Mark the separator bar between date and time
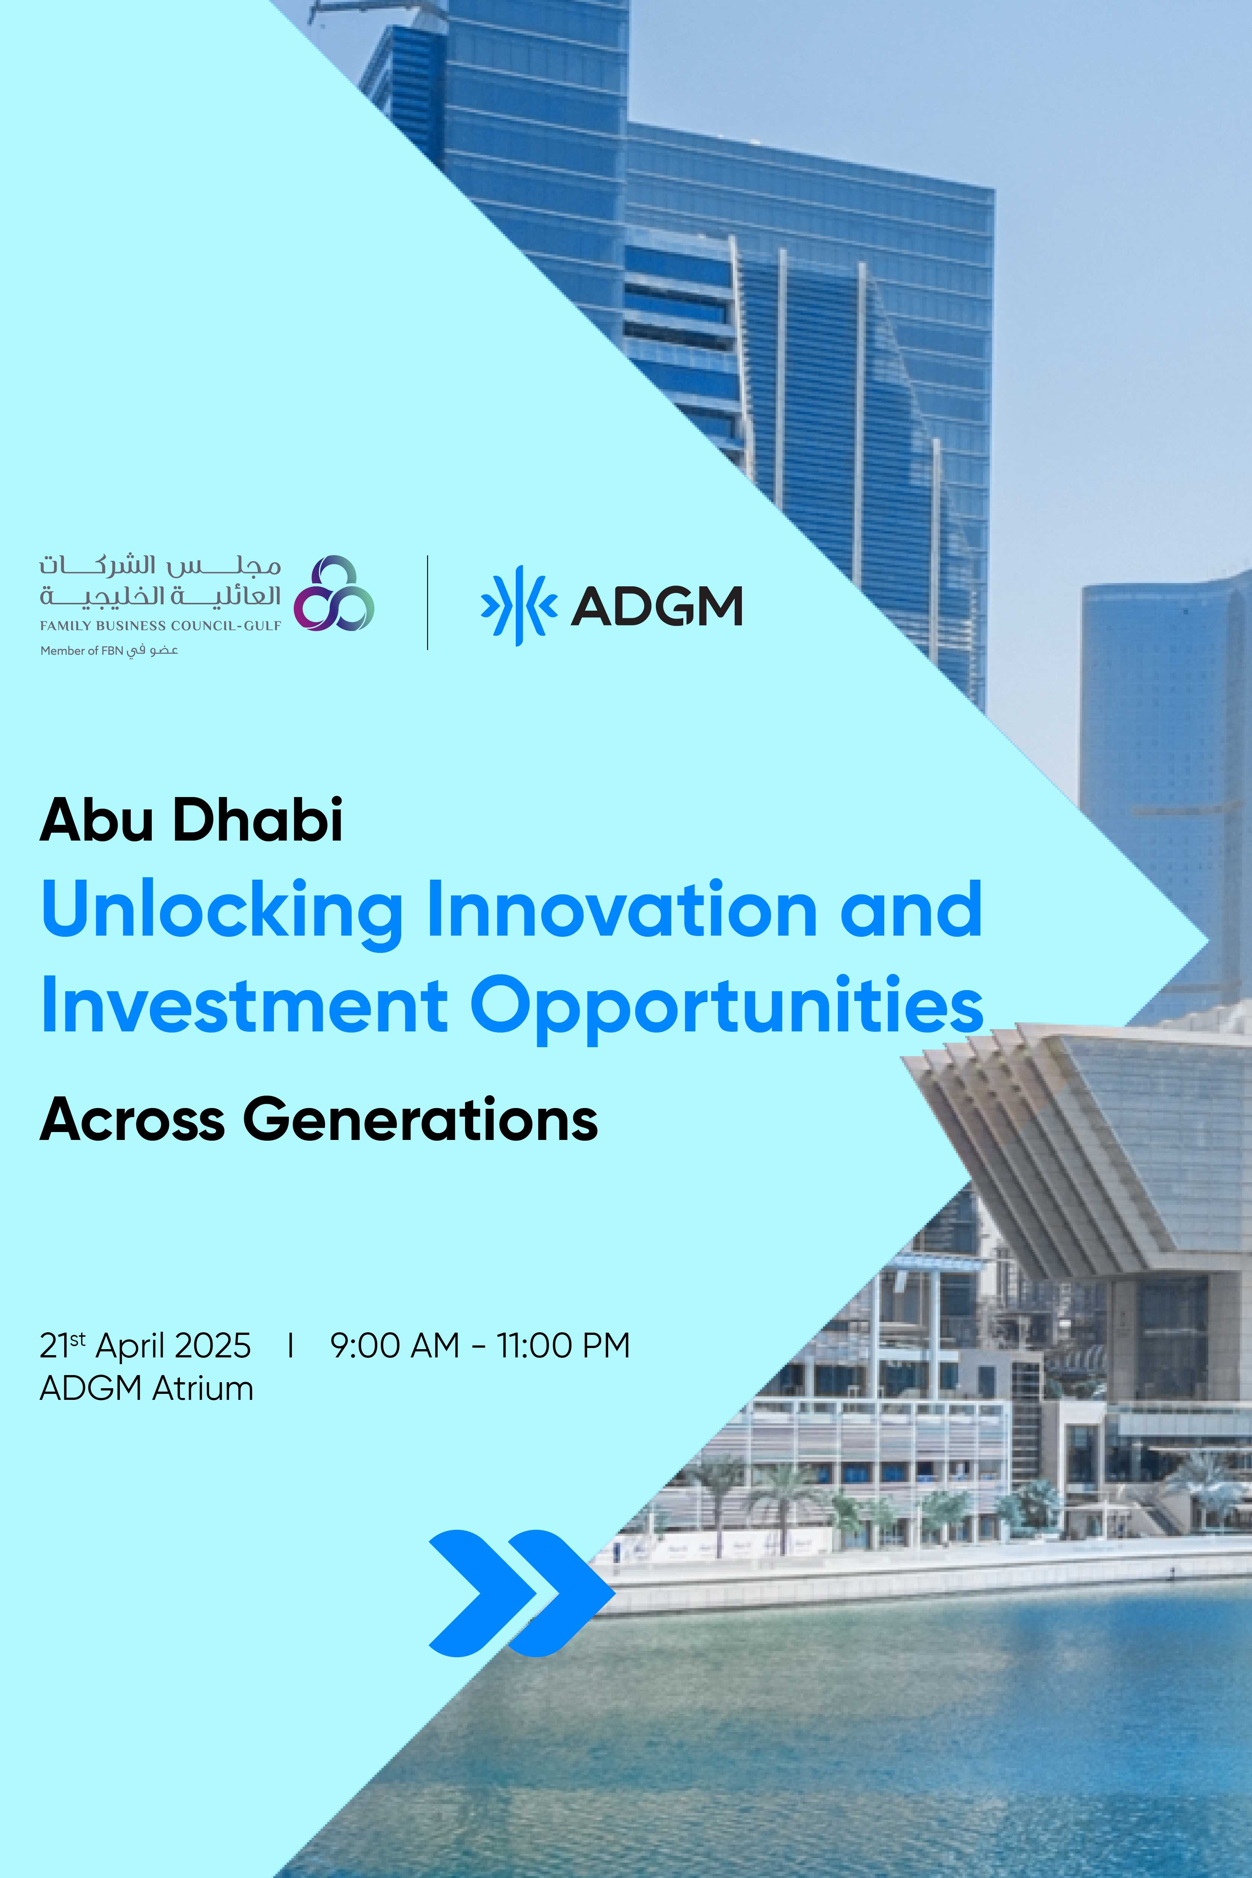click(291, 1345)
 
